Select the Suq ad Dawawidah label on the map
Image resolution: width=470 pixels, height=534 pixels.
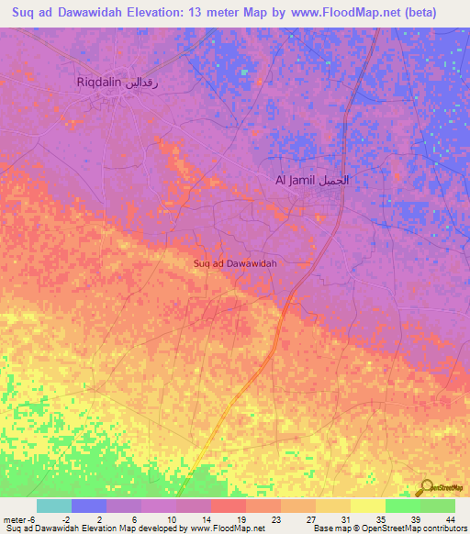[236, 263]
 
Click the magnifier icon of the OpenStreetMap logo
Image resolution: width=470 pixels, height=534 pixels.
[427, 487]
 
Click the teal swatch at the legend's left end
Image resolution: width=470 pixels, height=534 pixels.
[54, 506]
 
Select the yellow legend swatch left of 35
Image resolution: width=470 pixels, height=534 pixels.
[367, 506]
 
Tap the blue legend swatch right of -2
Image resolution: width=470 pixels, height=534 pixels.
[89, 506]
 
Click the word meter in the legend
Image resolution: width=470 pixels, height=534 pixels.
[17, 518]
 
